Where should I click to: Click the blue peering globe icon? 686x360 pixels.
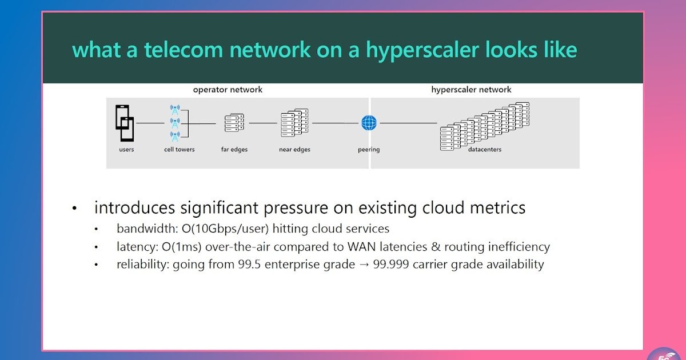point(369,123)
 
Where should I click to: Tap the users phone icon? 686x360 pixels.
point(125,123)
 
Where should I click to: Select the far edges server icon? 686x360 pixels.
point(234,123)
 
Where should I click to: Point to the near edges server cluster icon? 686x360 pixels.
point(294,123)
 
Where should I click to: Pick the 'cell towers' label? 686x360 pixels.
point(180,150)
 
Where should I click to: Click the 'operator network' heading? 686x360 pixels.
point(228,90)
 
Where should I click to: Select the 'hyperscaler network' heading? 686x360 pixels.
point(471,90)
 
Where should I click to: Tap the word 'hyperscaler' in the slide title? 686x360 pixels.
point(422,50)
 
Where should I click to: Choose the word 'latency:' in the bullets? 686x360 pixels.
point(136,247)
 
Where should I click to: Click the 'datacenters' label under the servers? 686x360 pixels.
point(485,150)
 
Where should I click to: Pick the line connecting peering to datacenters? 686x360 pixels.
point(408,123)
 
